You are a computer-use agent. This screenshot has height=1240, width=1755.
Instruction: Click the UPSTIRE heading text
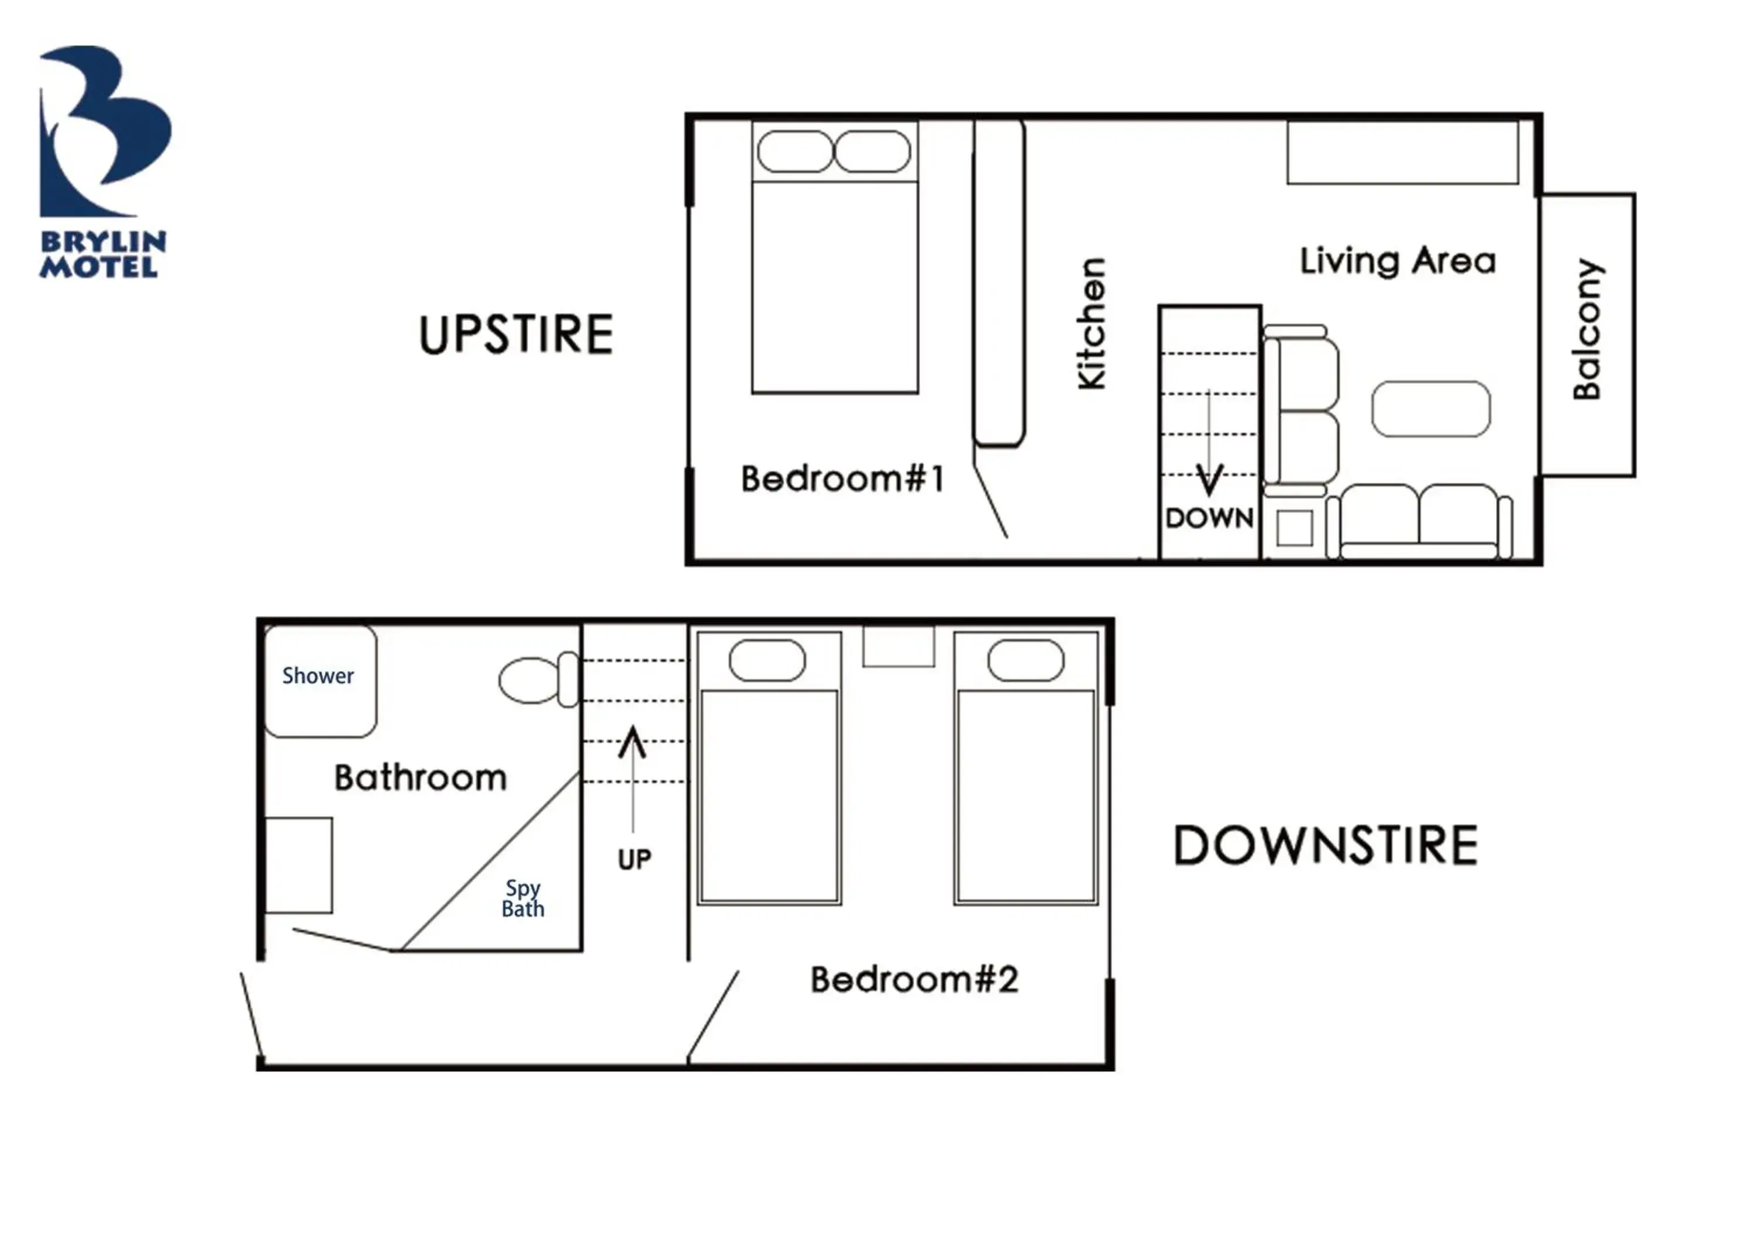coord(516,335)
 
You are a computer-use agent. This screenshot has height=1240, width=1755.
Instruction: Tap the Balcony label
coord(1588,329)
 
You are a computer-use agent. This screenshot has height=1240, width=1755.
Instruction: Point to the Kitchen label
coord(1092,324)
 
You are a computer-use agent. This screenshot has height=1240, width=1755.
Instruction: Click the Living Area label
coord(1398,261)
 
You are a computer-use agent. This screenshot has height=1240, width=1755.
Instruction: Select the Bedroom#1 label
coord(842,479)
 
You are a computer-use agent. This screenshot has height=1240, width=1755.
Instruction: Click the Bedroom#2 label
coord(914,980)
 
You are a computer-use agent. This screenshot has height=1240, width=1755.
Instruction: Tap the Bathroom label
coord(421,778)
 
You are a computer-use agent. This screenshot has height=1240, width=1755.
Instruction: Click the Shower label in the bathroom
coord(318,676)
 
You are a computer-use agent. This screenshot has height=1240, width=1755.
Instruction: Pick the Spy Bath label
coord(523,898)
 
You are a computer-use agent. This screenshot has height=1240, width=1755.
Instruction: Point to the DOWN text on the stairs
coord(1209,519)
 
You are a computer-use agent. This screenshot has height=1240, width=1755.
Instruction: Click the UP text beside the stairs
coord(634,860)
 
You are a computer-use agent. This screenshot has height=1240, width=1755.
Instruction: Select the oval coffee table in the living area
coord(1430,409)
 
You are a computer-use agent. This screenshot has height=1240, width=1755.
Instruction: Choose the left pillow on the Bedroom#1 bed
coord(794,151)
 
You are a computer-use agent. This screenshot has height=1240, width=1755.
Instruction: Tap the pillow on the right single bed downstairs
coord(1025,660)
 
